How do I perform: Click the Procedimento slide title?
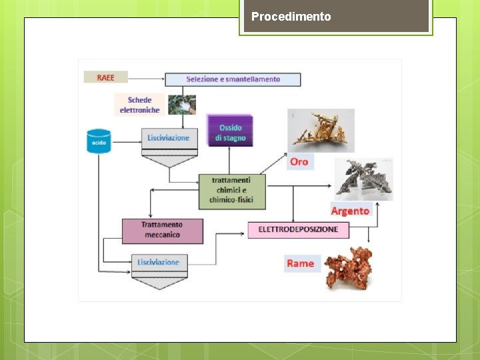coord(291,17)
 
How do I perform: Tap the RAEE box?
coord(105,77)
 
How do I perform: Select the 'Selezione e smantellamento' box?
coord(233,79)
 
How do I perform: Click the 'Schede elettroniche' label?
coord(139,105)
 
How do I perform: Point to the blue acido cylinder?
coord(98,141)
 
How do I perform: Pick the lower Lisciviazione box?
coord(159,262)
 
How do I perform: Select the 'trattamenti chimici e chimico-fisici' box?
coord(231,190)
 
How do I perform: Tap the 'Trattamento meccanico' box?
coord(162,230)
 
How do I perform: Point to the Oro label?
coord(299,161)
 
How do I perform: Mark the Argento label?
coord(350,211)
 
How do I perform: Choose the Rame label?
coord(301,263)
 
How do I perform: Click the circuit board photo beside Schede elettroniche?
coord(181,105)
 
